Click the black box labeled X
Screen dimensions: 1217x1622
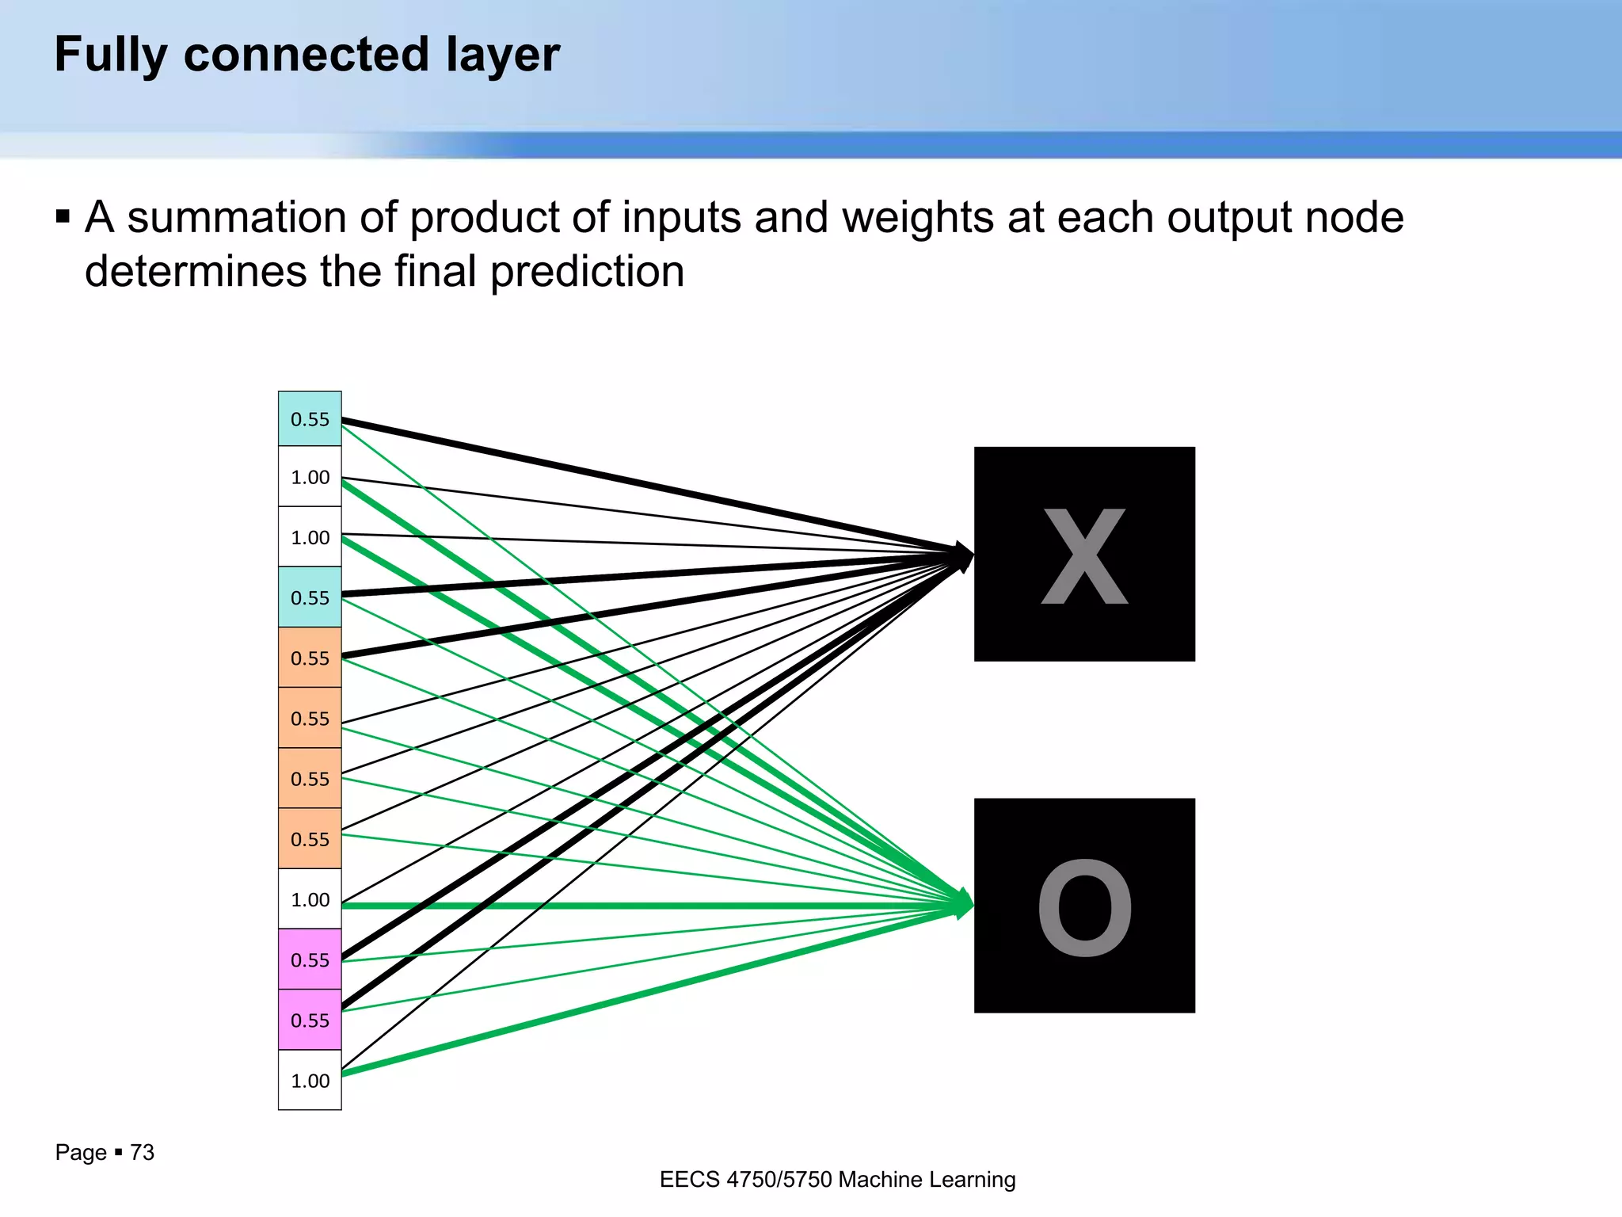(x=1083, y=553)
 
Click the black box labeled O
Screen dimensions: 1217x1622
(x=1083, y=905)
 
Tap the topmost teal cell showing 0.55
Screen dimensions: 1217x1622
(x=310, y=418)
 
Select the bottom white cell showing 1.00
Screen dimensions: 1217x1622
(x=310, y=1080)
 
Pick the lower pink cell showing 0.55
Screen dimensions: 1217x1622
(x=310, y=1020)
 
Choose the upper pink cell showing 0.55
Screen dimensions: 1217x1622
(x=310, y=959)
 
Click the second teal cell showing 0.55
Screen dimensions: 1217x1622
(x=310, y=597)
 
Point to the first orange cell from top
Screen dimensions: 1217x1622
(x=310, y=658)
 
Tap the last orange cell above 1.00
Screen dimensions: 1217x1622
(x=310, y=838)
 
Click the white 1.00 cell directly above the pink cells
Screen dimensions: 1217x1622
(x=310, y=899)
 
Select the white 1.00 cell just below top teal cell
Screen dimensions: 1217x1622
(x=310, y=476)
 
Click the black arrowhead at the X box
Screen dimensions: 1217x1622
(x=964, y=556)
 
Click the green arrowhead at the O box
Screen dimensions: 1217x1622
(x=964, y=904)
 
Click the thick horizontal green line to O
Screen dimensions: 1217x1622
(x=634, y=905)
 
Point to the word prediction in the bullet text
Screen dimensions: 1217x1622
(x=587, y=272)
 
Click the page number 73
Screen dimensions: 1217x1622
(x=142, y=1152)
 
